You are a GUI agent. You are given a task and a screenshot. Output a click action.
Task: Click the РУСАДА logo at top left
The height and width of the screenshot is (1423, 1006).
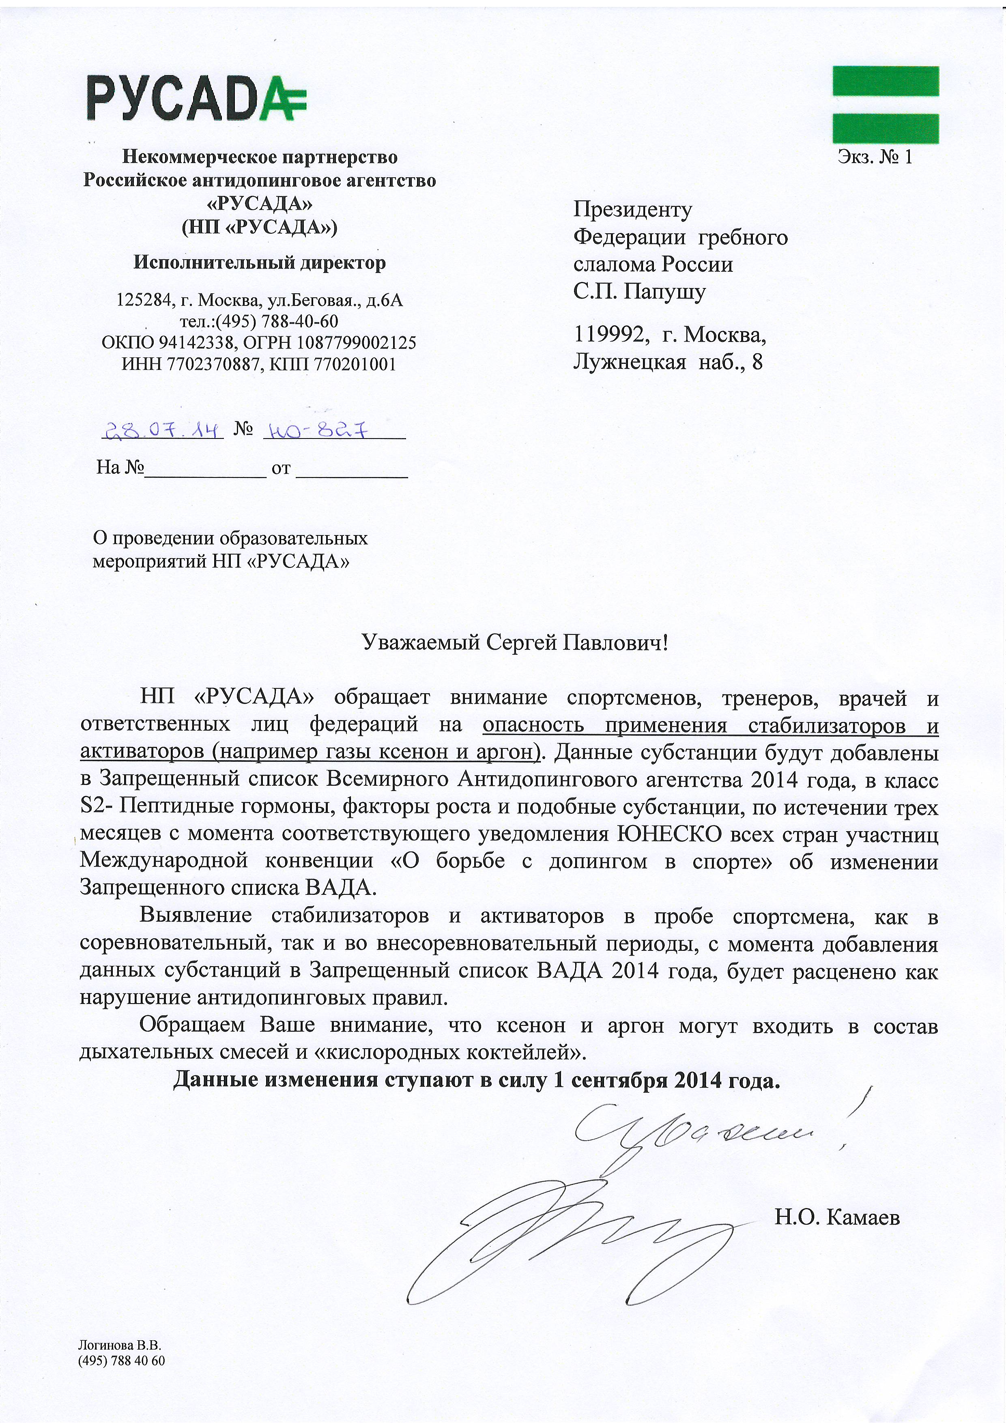[x=196, y=98]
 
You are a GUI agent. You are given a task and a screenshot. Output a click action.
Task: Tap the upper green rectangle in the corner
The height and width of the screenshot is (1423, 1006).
[x=885, y=81]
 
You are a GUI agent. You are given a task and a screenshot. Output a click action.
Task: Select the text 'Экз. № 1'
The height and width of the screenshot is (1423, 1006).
[x=875, y=157]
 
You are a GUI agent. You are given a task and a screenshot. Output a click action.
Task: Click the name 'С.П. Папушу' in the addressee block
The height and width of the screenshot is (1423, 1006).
[x=639, y=291]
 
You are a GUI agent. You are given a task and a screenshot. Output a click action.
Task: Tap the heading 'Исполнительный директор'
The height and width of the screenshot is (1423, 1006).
[x=260, y=263]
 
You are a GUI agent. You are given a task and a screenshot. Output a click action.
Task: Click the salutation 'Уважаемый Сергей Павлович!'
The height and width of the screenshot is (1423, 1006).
[x=515, y=643]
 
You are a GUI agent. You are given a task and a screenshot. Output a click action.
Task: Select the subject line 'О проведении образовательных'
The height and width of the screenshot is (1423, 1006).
[x=230, y=538]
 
